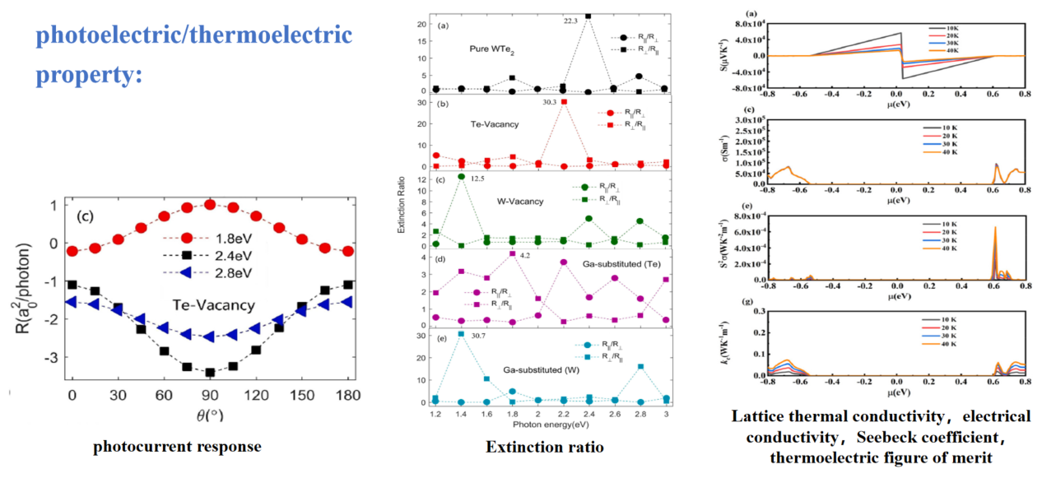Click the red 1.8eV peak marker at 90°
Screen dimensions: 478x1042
pyautogui.click(x=210, y=204)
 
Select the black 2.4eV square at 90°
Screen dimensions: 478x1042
pyautogui.click(x=210, y=372)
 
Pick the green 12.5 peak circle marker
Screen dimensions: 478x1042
pyautogui.click(x=461, y=177)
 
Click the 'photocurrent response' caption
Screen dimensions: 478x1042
pyautogui.click(x=177, y=448)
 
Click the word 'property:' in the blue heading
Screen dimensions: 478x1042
pyautogui.click(x=89, y=73)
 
